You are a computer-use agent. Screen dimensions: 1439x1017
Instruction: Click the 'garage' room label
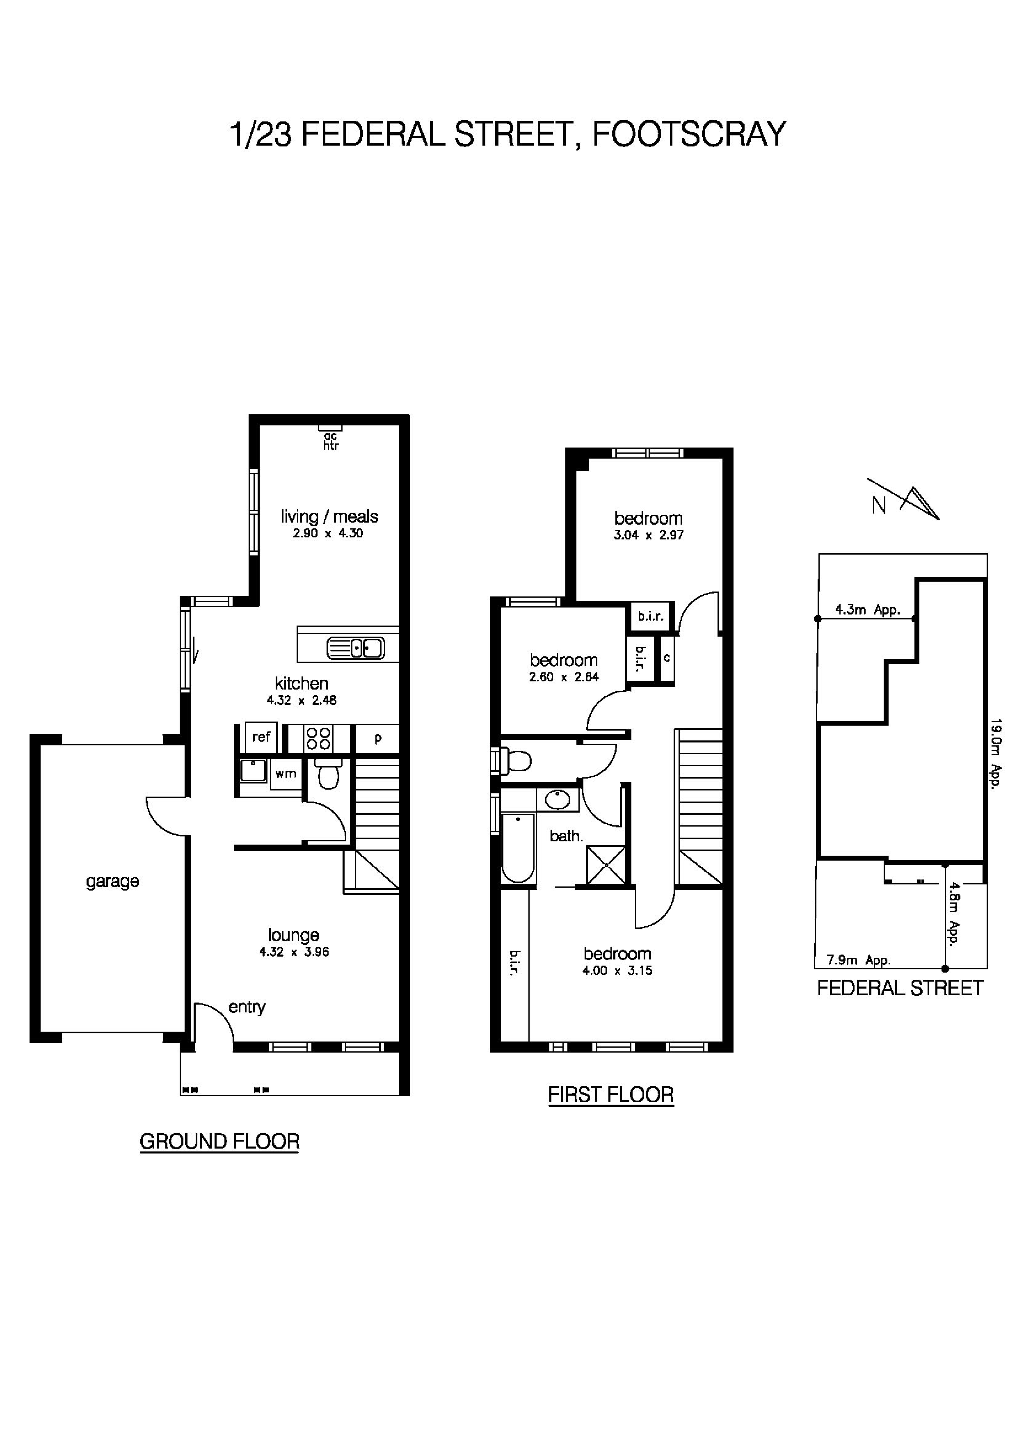click(112, 881)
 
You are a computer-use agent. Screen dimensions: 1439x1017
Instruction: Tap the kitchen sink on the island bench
click(355, 647)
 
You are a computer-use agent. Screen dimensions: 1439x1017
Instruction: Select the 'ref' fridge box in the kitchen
click(261, 737)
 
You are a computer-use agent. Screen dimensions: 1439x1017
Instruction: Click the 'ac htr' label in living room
click(330, 441)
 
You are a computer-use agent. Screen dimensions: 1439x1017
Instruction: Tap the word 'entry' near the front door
click(247, 1007)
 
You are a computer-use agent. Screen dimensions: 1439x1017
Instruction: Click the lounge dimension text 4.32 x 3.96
click(294, 952)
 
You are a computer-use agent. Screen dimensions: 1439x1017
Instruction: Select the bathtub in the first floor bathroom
click(518, 847)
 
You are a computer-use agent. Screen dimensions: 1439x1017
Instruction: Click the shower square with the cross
click(606, 865)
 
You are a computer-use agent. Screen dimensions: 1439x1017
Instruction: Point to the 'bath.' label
click(566, 836)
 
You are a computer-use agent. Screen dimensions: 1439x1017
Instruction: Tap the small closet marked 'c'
click(666, 658)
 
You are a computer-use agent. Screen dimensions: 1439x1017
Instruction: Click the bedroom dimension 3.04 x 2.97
click(649, 535)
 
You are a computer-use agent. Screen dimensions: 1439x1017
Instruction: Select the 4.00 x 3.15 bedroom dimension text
click(617, 971)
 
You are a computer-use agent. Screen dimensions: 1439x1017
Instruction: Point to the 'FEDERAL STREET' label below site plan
click(900, 988)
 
